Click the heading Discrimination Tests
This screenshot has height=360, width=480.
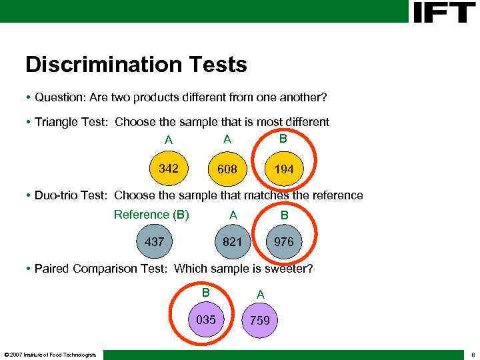tap(136, 65)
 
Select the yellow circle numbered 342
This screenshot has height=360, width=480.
tap(169, 169)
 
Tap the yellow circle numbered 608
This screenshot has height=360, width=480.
tap(227, 169)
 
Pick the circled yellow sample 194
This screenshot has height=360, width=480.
tap(284, 169)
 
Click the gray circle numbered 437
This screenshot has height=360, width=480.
tap(154, 242)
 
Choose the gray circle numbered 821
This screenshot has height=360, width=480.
tap(232, 242)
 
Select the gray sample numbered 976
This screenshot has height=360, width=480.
tap(284, 242)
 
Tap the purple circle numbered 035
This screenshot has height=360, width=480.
tap(206, 320)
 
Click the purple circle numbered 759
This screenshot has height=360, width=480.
tap(259, 321)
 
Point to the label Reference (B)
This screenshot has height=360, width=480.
tap(151, 215)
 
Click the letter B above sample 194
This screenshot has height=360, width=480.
tap(283, 139)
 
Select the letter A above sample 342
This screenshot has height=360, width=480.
tap(169, 141)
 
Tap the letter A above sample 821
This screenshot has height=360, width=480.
tap(233, 215)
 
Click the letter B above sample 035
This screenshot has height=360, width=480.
tap(206, 292)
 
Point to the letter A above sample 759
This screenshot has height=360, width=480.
tap(261, 294)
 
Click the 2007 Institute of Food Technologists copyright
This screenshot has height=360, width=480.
tap(50, 354)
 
